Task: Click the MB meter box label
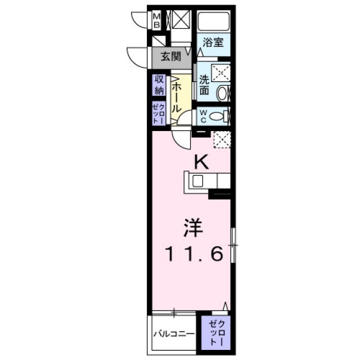click(157, 21)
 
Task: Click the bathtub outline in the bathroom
click(214, 22)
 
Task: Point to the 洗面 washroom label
click(204, 85)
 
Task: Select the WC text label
click(202, 117)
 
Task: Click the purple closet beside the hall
click(158, 114)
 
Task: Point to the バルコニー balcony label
click(174, 334)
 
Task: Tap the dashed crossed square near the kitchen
click(222, 138)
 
